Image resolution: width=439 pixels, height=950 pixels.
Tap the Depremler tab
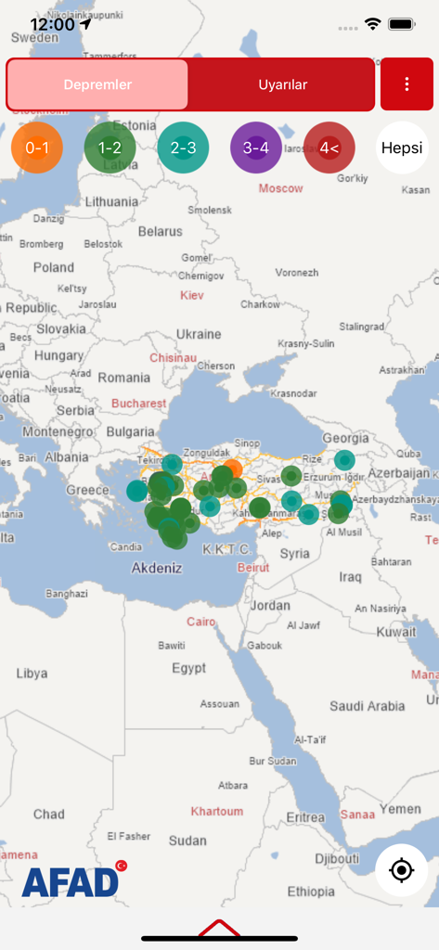pos(97,84)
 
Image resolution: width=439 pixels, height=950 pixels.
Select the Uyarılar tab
pos(282,84)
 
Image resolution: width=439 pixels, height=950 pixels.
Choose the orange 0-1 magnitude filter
pos(37,148)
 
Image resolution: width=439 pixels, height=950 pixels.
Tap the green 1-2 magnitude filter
pos(110,148)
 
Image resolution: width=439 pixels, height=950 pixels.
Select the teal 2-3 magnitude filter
pos(183,148)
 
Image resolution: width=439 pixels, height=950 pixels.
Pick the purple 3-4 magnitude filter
pos(256,148)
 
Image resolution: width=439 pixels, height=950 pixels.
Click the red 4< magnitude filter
pos(329,148)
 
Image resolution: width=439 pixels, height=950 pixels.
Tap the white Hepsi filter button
pos(402,148)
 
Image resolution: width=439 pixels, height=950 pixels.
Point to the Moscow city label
pos(280,188)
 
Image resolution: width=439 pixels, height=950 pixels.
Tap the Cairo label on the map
pos(200,622)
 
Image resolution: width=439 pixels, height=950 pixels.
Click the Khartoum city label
pos(216,812)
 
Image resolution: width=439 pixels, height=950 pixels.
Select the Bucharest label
pos(139,404)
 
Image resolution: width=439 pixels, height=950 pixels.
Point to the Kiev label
pos(192,295)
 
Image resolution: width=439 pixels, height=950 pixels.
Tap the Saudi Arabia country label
pos(367,706)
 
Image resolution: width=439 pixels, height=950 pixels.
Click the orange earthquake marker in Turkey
pos(232,468)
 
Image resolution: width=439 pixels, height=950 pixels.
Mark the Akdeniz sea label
pos(157,568)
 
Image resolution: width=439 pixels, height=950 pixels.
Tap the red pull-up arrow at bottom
pos(219,928)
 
